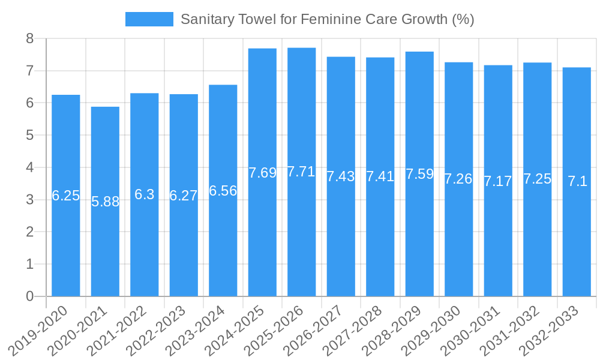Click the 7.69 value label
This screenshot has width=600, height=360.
pos(262,173)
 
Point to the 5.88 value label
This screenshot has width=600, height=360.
pos(105,202)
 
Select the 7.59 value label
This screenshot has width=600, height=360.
pos(419,174)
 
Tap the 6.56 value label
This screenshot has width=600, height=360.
pos(223,191)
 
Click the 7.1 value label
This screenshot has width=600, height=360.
pos(577,181)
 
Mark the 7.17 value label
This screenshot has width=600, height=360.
pos(498,181)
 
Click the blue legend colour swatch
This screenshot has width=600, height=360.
pos(149,19)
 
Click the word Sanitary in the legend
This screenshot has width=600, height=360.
pos(205,19)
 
